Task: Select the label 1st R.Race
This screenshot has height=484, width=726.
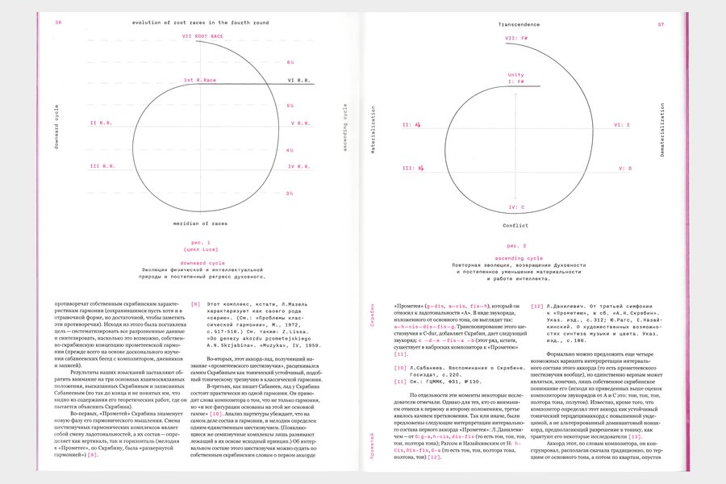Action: [200, 80]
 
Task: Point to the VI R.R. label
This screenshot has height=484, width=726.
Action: [299, 81]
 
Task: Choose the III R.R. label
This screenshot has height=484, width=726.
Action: [102, 166]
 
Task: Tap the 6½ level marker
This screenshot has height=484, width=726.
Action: [290, 62]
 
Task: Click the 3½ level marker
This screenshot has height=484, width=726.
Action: [290, 194]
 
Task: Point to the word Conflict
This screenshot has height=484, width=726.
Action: [515, 226]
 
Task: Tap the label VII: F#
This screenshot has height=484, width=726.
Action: [515, 38]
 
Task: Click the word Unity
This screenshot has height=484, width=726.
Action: [515, 75]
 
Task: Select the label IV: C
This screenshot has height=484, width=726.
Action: [515, 207]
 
